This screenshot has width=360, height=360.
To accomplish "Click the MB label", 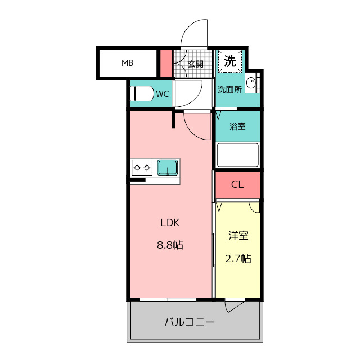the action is (128, 62).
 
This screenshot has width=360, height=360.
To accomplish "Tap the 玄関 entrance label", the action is (195, 64).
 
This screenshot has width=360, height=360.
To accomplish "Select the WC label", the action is (163, 94).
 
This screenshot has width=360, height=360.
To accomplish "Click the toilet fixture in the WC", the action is (142, 93).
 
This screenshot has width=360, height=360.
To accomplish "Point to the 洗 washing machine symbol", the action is (230, 61).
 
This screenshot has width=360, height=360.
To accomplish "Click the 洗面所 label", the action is (229, 89).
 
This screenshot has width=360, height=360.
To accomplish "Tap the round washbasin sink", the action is (251, 83).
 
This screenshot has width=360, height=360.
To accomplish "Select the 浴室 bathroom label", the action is (237, 126).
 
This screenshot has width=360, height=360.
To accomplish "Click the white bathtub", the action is (237, 155).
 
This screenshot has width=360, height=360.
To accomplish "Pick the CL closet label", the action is (237, 184).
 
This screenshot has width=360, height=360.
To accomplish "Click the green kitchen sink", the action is (168, 168).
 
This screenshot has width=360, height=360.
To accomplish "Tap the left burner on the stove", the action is (137, 168).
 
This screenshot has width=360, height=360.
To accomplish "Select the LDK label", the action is (170, 223).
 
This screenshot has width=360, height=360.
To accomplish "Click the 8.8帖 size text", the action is (170, 245).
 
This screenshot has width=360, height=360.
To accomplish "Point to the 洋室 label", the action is (238, 236).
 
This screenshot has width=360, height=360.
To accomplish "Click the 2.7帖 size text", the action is (238, 259).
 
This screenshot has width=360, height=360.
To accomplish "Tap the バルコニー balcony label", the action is (190, 322).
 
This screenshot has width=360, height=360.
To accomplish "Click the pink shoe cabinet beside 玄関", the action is (166, 63).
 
